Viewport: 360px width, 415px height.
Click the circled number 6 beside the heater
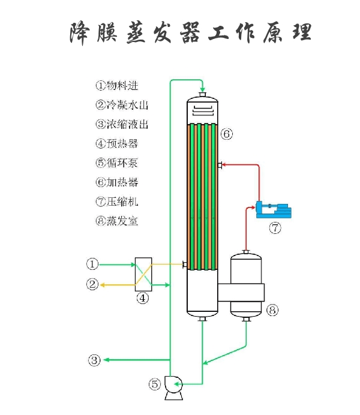point(226,134)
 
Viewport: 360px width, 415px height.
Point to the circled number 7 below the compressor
point(274,228)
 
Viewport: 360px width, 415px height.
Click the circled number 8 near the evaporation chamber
point(272,310)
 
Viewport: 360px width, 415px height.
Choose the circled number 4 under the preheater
point(143,298)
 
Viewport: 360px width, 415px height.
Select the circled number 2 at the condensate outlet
point(92,284)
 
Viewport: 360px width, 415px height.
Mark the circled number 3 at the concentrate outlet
point(94,360)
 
